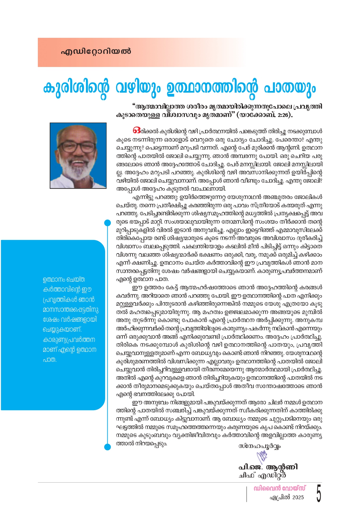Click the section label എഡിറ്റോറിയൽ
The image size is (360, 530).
pos(96,51)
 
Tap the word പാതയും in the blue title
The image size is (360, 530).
pos(289,88)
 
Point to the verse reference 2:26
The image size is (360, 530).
pos(283,115)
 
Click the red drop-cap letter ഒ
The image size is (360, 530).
pos(137,130)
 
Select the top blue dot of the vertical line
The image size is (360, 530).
pos(108,223)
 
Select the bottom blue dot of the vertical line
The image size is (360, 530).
pos(108,447)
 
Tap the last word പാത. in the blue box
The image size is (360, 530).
pos(50,360)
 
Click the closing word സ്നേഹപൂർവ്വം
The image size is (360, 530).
pos(259,446)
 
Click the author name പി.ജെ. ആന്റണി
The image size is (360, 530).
pos(268,467)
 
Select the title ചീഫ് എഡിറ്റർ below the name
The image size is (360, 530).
pos(262,475)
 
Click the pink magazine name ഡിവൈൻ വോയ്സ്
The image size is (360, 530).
pos(280,488)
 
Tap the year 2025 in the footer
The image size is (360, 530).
pos(298,497)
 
